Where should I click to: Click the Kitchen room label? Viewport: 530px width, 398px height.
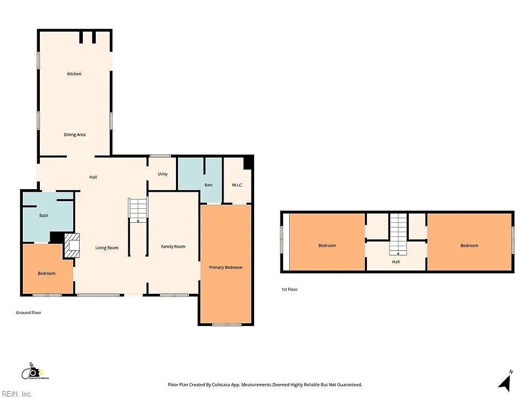pyautogui.click(x=74, y=74)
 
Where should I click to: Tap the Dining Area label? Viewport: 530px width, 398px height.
pyautogui.click(x=75, y=135)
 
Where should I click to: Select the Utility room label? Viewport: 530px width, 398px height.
pyautogui.click(x=163, y=174)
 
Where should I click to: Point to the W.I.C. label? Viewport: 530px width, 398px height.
pyautogui.click(x=237, y=185)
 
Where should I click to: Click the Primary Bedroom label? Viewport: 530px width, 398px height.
pyautogui.click(x=226, y=267)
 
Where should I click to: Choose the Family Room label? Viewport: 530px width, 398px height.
pyautogui.click(x=173, y=247)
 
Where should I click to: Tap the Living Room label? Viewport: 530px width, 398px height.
pyautogui.click(x=107, y=248)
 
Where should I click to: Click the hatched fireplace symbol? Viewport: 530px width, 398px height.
pyautogui.click(x=71, y=246)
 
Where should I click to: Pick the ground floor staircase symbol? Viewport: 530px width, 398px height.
pyautogui.click(x=138, y=210)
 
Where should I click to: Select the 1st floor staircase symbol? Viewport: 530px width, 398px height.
pyautogui.click(x=398, y=234)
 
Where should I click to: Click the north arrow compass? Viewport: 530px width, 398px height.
pyautogui.click(x=505, y=381)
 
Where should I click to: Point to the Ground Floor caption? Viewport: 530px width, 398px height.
pyautogui.click(x=28, y=312)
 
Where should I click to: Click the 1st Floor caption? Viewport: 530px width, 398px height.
pyautogui.click(x=290, y=289)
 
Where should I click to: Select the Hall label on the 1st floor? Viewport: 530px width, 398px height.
pyautogui.click(x=396, y=262)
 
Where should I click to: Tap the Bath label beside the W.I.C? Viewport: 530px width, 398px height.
pyautogui.click(x=209, y=185)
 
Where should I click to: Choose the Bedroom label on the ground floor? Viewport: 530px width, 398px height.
pyautogui.click(x=47, y=274)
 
